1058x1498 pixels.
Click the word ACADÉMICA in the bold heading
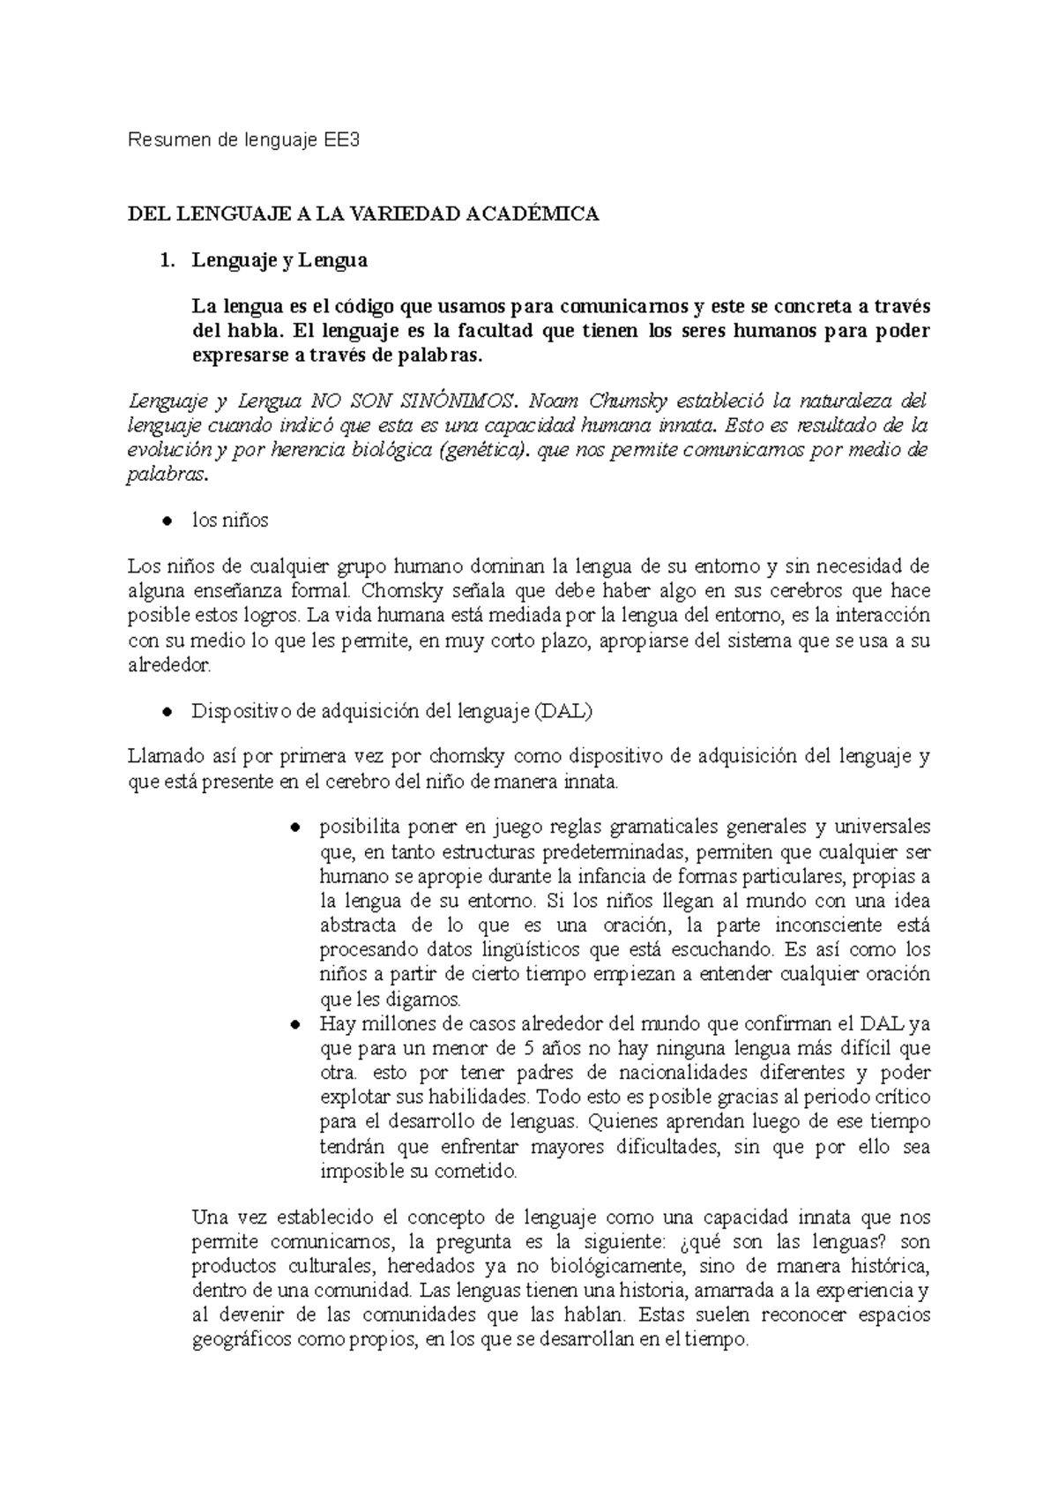click(531, 214)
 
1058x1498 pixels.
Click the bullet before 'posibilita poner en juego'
click(297, 828)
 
